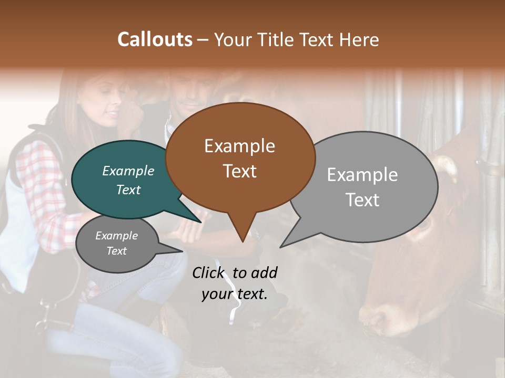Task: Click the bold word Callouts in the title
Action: pyautogui.click(x=155, y=39)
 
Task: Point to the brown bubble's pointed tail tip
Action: pyautogui.click(x=242, y=241)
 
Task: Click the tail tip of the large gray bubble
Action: pyautogui.click(x=281, y=247)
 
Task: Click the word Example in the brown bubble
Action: pyautogui.click(x=239, y=146)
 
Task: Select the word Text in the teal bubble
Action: pyautogui.click(x=128, y=190)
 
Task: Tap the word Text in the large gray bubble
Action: pyautogui.click(x=362, y=200)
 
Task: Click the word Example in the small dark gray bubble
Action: pyautogui.click(x=116, y=236)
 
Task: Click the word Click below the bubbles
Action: pyautogui.click(x=210, y=272)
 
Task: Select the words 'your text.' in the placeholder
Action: pyautogui.click(x=235, y=294)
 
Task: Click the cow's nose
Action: pyautogui.click(x=376, y=317)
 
